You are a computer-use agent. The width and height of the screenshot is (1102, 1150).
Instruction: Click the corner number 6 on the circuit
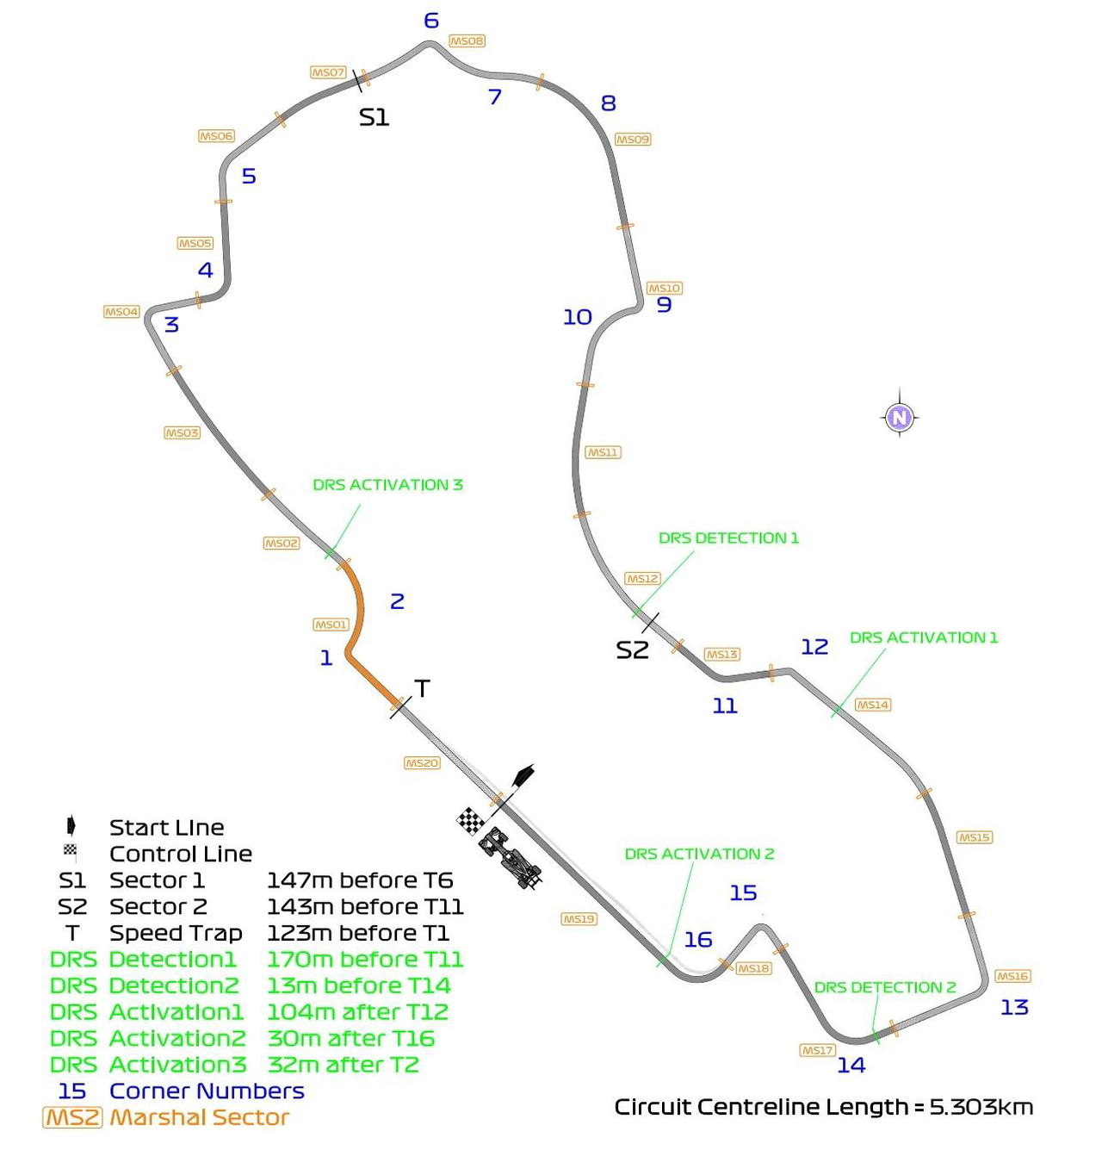(x=431, y=21)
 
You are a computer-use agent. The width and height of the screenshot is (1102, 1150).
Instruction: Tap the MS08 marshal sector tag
(x=467, y=40)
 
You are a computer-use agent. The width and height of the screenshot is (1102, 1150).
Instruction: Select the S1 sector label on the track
(x=374, y=118)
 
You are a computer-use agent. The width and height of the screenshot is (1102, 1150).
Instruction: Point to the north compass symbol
(x=899, y=418)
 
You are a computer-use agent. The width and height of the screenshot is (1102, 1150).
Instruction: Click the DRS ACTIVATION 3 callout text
(x=387, y=485)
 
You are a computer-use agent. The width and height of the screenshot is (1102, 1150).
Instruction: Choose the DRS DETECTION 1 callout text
(x=728, y=538)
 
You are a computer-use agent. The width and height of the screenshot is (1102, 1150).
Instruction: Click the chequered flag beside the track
(x=471, y=821)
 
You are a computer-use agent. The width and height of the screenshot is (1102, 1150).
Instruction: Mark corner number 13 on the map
(x=1014, y=1007)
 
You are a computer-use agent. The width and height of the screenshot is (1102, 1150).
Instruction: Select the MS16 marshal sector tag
(x=1012, y=976)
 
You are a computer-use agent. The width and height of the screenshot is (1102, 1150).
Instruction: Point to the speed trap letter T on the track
(x=422, y=688)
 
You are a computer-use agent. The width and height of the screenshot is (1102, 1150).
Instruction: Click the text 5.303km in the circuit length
(x=981, y=1106)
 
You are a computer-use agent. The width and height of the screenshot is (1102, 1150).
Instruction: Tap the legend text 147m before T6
(x=360, y=880)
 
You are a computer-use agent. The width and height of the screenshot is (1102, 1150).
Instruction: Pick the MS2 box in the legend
(x=72, y=1117)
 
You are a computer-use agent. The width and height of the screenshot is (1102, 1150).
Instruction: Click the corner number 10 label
(x=577, y=317)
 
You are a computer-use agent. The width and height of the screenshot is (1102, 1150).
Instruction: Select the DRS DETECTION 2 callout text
(x=885, y=987)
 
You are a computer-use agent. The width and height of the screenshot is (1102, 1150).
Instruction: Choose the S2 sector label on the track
(x=632, y=650)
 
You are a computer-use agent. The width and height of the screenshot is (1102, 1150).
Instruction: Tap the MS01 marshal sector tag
(x=331, y=625)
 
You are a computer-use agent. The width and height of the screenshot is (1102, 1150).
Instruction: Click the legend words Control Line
(x=181, y=854)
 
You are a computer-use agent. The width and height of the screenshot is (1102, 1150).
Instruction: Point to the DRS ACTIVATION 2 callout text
(x=699, y=854)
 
